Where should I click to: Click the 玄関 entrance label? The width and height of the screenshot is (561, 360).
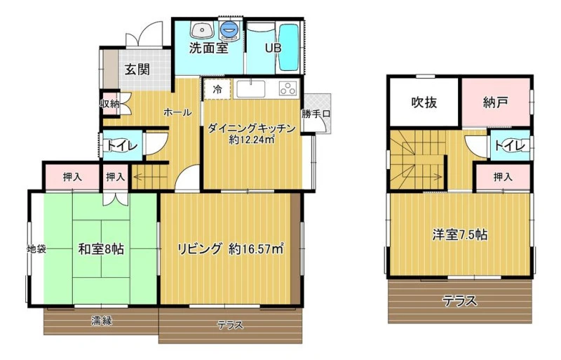point(137,69)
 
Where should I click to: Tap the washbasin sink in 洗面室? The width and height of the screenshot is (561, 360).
point(202,29)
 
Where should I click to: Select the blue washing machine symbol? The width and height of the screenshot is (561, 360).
point(229,29)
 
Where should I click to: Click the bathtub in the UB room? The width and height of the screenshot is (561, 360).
point(288,47)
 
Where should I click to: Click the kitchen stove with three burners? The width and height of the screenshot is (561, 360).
point(288,88)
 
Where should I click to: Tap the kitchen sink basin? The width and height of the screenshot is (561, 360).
point(251,88)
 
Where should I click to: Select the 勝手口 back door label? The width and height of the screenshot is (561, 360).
point(316,114)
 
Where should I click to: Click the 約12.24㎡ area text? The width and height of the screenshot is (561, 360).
point(252,140)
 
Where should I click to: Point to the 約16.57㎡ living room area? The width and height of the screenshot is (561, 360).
point(256,248)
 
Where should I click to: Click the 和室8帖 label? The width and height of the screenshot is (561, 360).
point(101,248)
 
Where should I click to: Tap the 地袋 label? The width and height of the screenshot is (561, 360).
point(37,248)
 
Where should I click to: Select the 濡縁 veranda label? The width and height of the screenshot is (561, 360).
point(101,320)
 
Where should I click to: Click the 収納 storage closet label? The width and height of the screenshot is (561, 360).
point(109,105)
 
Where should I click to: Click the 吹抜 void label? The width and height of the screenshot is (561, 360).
point(424,102)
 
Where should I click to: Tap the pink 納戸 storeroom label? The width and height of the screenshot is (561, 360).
point(496,102)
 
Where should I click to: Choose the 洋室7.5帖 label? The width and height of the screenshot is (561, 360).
point(460,235)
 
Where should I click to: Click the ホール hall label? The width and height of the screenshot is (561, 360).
point(177,112)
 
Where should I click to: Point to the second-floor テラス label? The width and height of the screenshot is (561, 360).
point(460,301)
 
